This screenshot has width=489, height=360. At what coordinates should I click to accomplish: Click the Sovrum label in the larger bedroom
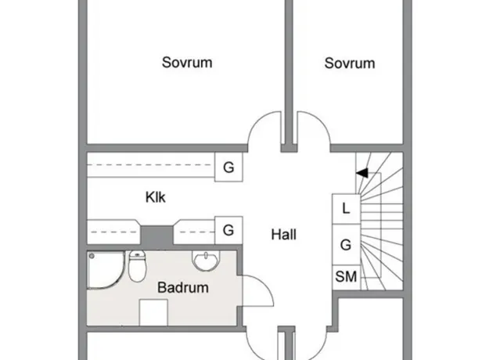tap(187, 63)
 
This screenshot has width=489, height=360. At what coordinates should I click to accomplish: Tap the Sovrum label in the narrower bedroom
tap(350, 63)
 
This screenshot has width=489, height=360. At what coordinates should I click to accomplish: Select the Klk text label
tap(156, 197)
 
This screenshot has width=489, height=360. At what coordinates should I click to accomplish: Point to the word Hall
tap(283, 234)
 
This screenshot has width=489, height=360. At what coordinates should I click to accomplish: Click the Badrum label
tap(183, 287)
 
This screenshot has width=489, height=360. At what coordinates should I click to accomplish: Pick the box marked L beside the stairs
tap(346, 209)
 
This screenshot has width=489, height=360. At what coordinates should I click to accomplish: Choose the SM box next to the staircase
tap(346, 277)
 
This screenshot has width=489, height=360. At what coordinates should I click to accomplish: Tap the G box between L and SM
tap(346, 245)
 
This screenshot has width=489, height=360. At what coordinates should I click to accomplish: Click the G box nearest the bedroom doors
tap(228, 167)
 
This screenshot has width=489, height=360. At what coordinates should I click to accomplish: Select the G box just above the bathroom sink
tap(228, 230)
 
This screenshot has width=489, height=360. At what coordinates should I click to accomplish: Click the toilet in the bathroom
tap(138, 266)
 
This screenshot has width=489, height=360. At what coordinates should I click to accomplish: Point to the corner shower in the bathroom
tap(105, 270)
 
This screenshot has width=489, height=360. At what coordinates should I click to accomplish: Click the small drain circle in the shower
tap(92, 256)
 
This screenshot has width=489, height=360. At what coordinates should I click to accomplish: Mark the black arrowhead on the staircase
tap(362, 173)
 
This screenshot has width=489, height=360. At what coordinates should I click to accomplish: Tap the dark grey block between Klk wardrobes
tap(156, 236)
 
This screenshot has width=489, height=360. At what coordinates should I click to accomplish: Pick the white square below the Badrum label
tap(153, 312)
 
